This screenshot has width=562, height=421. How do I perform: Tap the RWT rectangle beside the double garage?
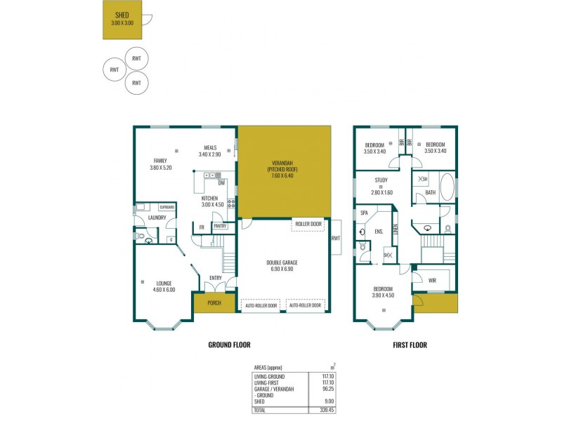(335, 238)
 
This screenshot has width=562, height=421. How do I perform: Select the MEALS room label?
(210, 151)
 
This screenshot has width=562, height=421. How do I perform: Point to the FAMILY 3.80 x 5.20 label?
(160, 164)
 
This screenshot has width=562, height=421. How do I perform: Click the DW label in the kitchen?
(221, 184)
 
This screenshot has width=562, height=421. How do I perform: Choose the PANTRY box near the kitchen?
(220, 226)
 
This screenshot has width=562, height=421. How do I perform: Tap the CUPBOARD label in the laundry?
(166, 207)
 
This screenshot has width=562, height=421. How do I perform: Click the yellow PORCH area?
(214, 304)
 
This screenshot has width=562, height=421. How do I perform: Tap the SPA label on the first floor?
(364, 212)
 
